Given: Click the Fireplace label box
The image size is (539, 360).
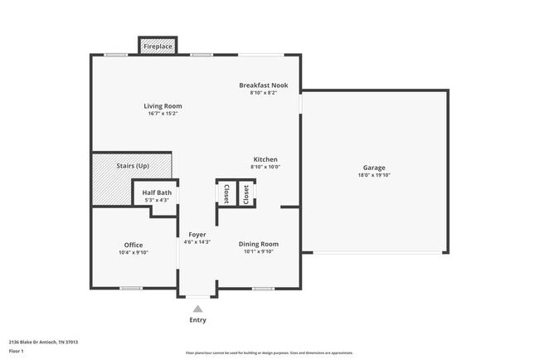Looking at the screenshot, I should (x=158, y=46).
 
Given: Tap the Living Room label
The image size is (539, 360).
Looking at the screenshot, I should (x=163, y=106).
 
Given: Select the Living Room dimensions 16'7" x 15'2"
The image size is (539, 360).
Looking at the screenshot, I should (x=163, y=114).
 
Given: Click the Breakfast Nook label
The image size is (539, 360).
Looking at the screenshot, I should (x=263, y=85).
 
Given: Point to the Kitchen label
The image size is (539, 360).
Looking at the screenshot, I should (x=265, y=159).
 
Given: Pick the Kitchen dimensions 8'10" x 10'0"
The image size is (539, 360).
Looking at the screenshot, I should (x=265, y=167).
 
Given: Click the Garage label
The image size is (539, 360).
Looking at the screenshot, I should (x=374, y=168).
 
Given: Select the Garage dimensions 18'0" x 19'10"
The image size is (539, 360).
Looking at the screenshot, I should (x=374, y=175).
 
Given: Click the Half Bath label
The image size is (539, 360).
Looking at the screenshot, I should (x=157, y=192).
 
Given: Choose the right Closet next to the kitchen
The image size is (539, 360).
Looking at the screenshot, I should (x=247, y=193).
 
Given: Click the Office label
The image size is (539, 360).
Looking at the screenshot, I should (x=134, y=245).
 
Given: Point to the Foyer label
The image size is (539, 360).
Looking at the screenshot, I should (x=197, y=235).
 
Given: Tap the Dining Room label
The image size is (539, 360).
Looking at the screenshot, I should (x=259, y=244).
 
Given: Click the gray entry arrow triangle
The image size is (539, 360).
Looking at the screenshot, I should (x=197, y=309).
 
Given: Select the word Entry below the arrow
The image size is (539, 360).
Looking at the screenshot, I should (x=197, y=320).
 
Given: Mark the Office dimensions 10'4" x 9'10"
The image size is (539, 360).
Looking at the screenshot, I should (x=134, y=252).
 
